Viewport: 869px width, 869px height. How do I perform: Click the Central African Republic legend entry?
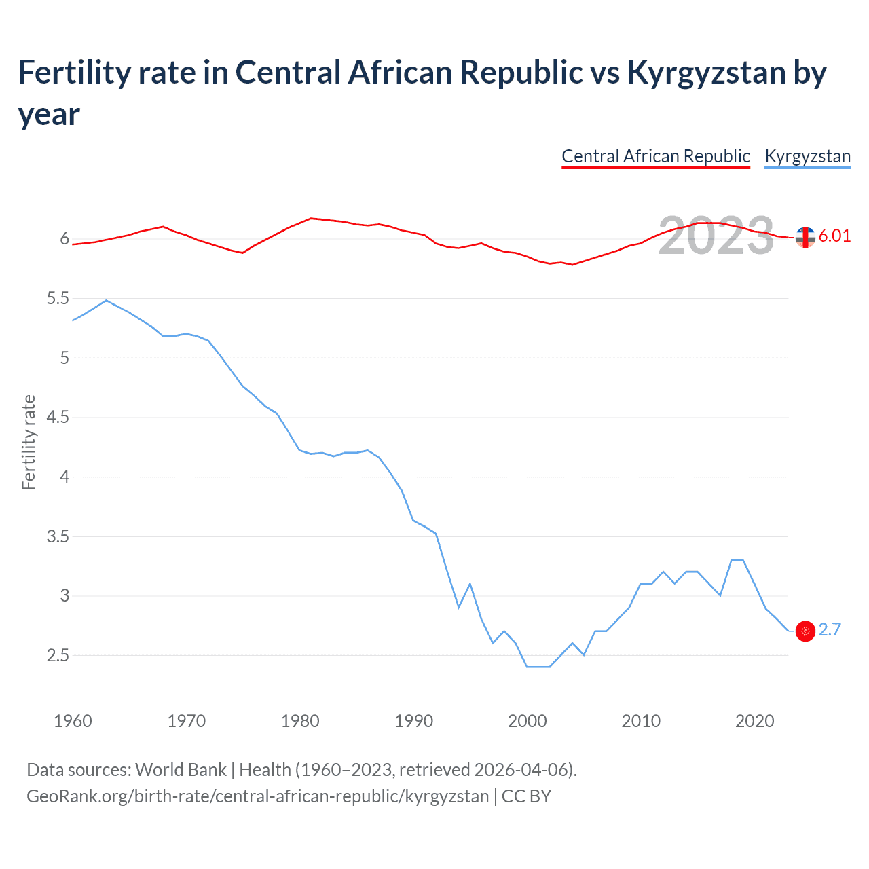(655, 156)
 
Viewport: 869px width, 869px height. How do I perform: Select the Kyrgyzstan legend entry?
(807, 156)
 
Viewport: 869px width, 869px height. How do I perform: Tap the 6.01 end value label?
(834, 236)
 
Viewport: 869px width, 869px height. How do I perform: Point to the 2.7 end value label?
(830, 630)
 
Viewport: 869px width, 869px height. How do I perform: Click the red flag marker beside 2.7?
(805, 631)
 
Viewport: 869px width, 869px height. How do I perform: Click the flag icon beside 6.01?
(805, 237)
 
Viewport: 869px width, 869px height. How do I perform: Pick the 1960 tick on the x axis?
(73, 721)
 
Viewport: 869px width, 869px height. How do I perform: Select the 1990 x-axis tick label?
(413, 721)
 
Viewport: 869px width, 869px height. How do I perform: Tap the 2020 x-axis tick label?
(754, 721)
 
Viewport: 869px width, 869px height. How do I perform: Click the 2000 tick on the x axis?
(527, 721)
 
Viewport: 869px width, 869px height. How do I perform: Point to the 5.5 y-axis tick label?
(58, 299)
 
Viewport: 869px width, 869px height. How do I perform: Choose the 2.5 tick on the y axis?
(58, 655)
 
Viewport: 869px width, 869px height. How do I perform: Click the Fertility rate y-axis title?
(29, 442)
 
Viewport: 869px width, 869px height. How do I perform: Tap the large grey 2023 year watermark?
(716, 236)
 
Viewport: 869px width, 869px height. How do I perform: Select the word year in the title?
(49, 114)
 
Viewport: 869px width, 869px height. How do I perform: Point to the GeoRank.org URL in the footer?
(257, 796)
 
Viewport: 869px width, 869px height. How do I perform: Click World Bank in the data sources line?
(181, 769)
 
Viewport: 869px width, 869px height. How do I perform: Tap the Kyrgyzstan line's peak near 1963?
(107, 300)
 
